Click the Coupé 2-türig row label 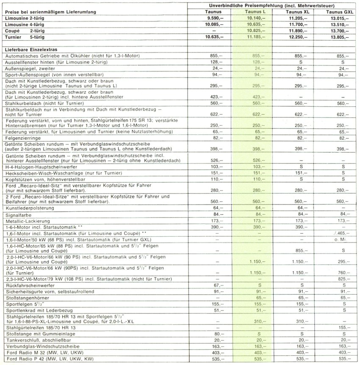[24, 31]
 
